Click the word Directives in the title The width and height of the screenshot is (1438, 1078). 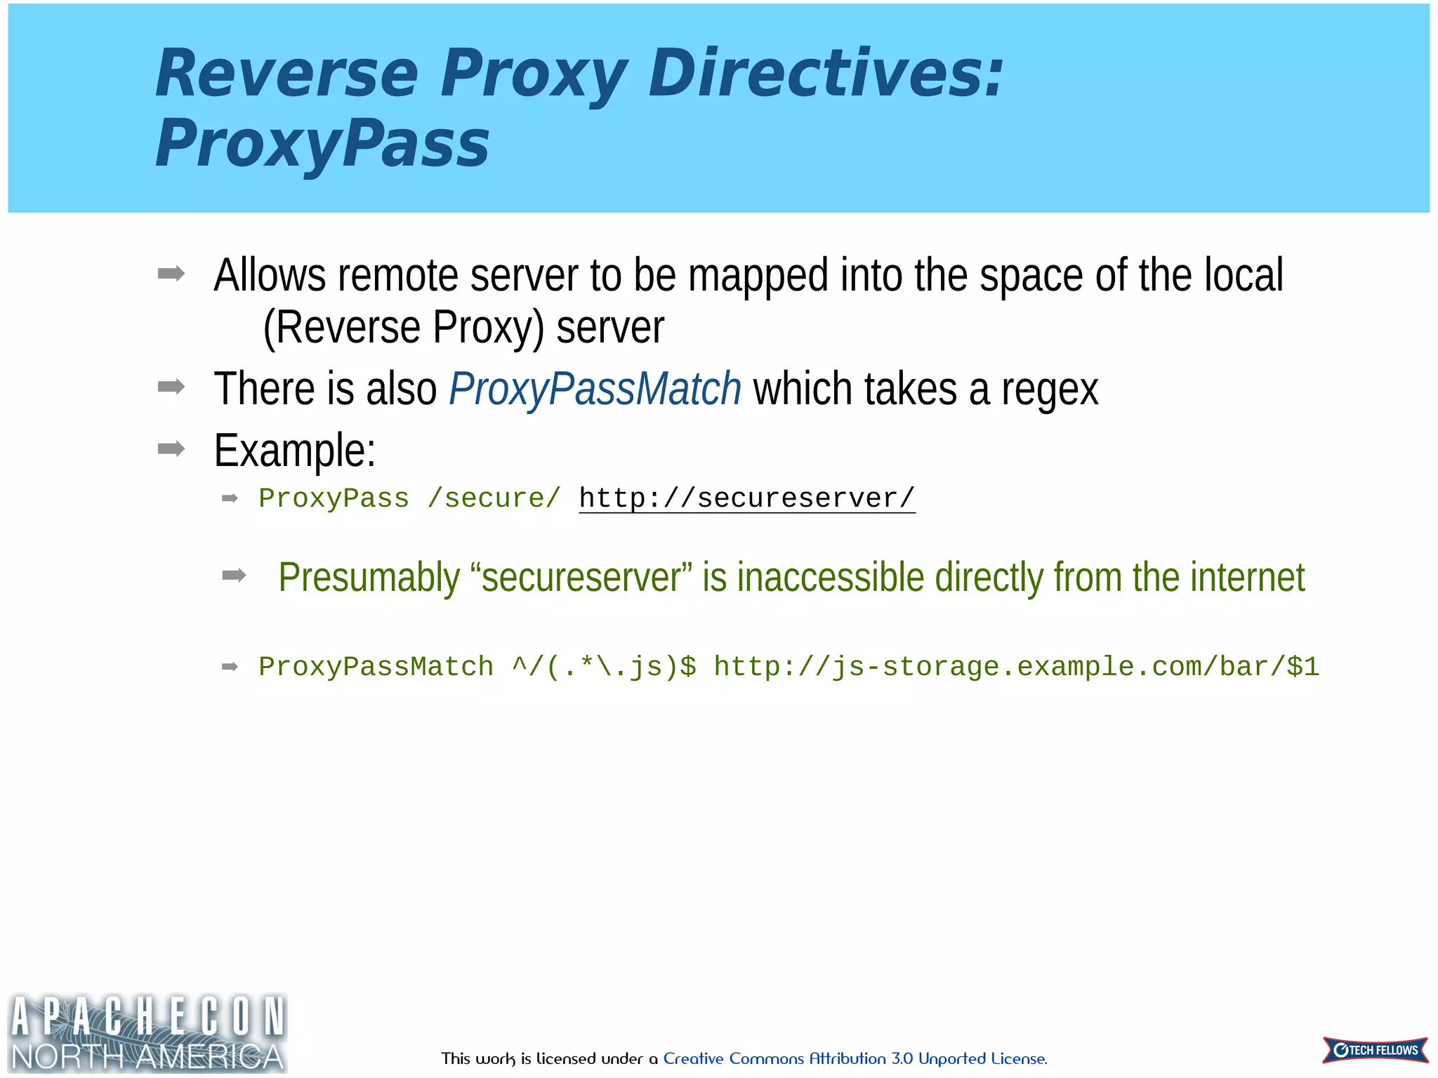click(826, 74)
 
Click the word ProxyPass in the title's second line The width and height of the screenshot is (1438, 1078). click(322, 144)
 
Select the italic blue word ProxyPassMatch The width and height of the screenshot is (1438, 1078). click(595, 389)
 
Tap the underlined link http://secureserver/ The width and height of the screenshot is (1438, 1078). click(746, 498)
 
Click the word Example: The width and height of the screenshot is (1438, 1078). click(295, 450)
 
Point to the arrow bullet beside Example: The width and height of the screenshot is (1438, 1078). click(171, 448)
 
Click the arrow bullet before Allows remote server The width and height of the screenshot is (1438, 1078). click(171, 274)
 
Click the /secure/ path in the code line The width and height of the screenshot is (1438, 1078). click(494, 498)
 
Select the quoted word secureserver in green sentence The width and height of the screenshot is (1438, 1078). click(581, 578)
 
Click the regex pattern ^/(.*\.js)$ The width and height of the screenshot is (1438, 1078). click(605, 667)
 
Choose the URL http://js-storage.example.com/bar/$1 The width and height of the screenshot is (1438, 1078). click(1016, 667)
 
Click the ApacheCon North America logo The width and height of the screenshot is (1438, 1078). click(147, 1033)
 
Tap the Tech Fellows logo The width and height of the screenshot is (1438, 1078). click(1375, 1050)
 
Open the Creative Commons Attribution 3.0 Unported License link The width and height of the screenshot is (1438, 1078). click(855, 1058)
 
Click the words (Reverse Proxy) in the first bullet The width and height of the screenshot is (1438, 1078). click(404, 328)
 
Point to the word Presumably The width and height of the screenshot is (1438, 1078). click(369, 578)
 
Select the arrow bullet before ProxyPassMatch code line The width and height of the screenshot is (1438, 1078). click(230, 666)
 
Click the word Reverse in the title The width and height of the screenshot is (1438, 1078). click(286, 74)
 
